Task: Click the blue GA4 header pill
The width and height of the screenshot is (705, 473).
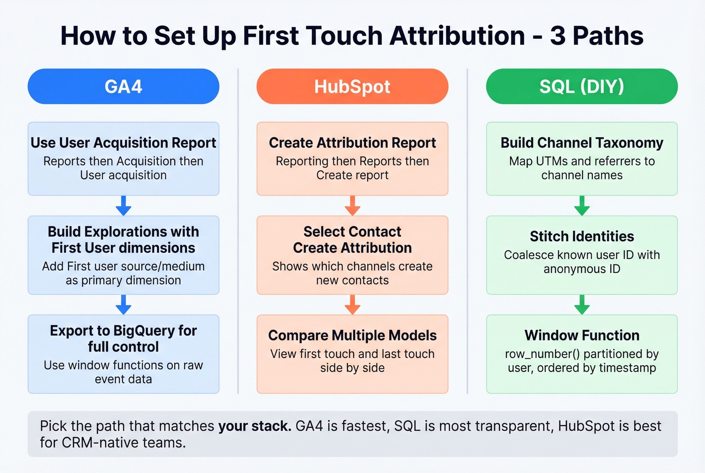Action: (123, 87)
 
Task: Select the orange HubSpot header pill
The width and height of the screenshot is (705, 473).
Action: (352, 87)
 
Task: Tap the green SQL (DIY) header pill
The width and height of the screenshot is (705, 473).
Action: (582, 87)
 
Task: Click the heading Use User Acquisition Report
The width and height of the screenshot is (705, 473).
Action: (123, 143)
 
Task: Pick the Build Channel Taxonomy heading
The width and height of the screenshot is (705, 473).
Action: (582, 143)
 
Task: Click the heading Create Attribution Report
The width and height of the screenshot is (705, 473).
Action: (352, 143)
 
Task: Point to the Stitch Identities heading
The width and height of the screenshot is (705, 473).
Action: (582, 236)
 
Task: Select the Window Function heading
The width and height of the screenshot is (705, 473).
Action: (582, 335)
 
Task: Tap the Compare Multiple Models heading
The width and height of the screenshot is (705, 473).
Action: (352, 335)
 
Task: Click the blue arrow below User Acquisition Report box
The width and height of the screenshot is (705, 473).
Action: (123, 206)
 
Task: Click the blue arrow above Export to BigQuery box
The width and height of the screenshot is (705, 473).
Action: (123, 305)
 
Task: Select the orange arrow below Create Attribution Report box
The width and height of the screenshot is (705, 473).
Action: (352, 206)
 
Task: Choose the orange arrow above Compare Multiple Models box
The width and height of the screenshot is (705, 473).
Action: (352, 305)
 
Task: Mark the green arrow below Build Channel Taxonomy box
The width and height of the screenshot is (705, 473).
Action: (582, 206)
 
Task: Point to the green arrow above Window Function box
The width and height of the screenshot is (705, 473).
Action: (582, 305)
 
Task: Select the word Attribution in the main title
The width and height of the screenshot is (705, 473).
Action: (457, 36)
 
